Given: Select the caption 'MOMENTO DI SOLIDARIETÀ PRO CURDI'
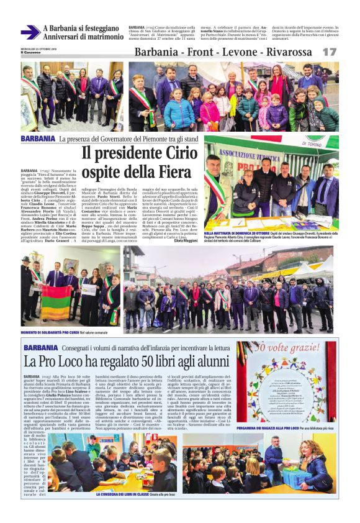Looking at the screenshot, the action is pos(56,332).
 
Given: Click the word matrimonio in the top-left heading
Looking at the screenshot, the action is pos(97,37).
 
